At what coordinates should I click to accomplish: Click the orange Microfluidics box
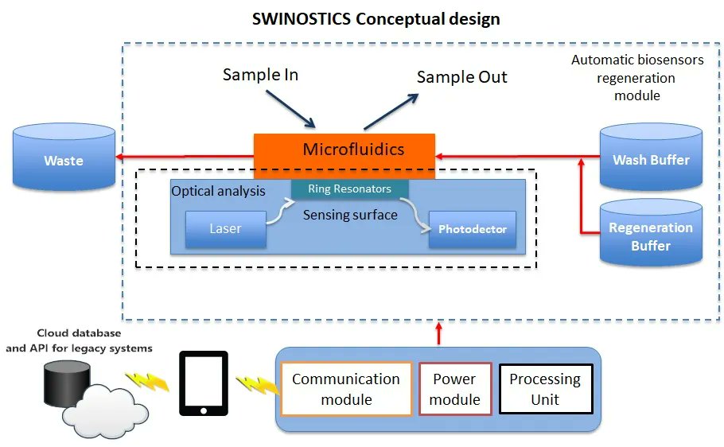344,150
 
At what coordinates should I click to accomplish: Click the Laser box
225,229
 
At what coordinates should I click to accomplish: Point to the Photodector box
473,229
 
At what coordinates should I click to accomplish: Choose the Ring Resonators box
349,189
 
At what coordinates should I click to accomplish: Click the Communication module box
346,389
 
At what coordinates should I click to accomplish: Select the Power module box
455,389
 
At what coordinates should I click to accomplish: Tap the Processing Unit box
545,389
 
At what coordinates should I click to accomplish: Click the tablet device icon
203,383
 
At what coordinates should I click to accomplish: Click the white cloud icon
107,405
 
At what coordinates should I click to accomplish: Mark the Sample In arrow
290,107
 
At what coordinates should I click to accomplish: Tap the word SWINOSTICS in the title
302,19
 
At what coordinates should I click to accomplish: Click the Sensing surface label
350,215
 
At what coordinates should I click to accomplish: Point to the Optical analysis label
219,191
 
